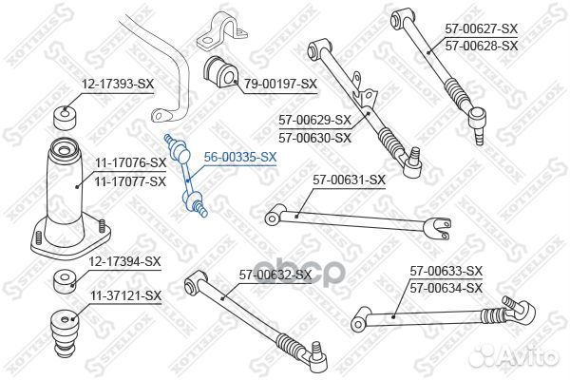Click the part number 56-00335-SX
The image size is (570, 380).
tap(240, 157)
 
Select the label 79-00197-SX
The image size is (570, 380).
tap(280, 84)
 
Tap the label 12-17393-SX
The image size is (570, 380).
tap(118, 85)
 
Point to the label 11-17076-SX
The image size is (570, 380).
tap(130, 162)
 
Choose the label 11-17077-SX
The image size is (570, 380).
tap(130, 181)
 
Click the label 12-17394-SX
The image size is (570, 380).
tap(124, 261)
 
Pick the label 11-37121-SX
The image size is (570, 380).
tap(125, 295)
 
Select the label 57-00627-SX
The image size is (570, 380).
tap(482, 28)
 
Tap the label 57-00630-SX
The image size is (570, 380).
tap(314, 138)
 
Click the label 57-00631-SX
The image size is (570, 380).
tap(349, 180)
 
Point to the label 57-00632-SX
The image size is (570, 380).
tap(275, 275)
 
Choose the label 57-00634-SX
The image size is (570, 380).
tap(446, 289)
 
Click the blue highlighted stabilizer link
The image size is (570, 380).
tap(186, 176)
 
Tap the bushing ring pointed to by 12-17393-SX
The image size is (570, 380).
tap(65, 118)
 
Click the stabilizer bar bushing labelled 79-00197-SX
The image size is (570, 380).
tap(220, 72)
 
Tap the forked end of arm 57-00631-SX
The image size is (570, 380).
tap(440, 228)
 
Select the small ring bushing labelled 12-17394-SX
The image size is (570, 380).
tap(65, 282)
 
